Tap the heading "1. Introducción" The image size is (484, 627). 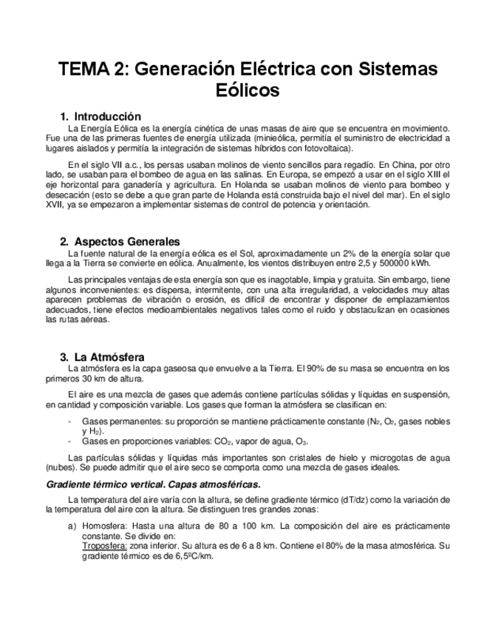coord(100,116)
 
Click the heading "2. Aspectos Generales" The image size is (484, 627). coord(120,242)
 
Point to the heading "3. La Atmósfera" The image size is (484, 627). coord(103,356)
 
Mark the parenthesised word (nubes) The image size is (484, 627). coord(60,467)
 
